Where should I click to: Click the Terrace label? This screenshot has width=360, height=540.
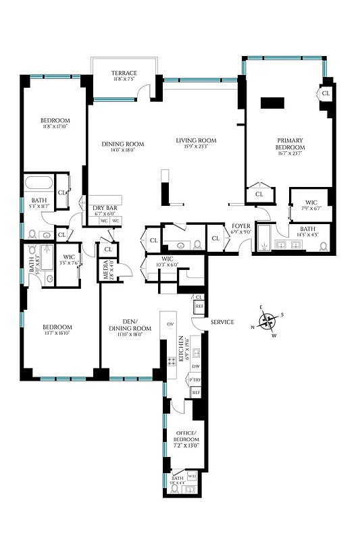(x=125, y=73)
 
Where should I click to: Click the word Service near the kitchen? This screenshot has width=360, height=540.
(x=222, y=322)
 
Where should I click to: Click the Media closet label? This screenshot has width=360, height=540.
(x=106, y=269)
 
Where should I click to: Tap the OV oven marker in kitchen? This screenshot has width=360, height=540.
(x=169, y=323)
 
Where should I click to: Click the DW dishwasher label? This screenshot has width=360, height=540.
(x=196, y=367)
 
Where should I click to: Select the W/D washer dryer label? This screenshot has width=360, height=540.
(x=191, y=476)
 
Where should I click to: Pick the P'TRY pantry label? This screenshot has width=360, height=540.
(x=196, y=379)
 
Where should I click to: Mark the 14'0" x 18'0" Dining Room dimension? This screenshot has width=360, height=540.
(x=124, y=151)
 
